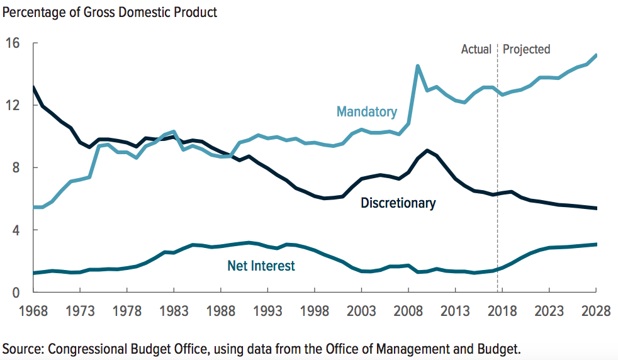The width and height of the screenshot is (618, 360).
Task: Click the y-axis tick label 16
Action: coord(13,43)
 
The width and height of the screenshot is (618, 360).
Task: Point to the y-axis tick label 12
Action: coord(13,105)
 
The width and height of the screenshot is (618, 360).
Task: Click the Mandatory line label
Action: coord(367,112)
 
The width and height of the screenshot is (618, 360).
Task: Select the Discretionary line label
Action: coord(398,203)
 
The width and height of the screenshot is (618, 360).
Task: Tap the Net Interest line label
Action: coord(261,266)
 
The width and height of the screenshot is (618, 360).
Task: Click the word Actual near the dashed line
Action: coord(476,49)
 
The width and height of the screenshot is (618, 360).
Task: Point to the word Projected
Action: coord(526,49)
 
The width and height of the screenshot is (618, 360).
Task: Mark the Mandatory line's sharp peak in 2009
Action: coord(417,65)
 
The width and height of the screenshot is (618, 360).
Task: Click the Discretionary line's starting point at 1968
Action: coord(33,87)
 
